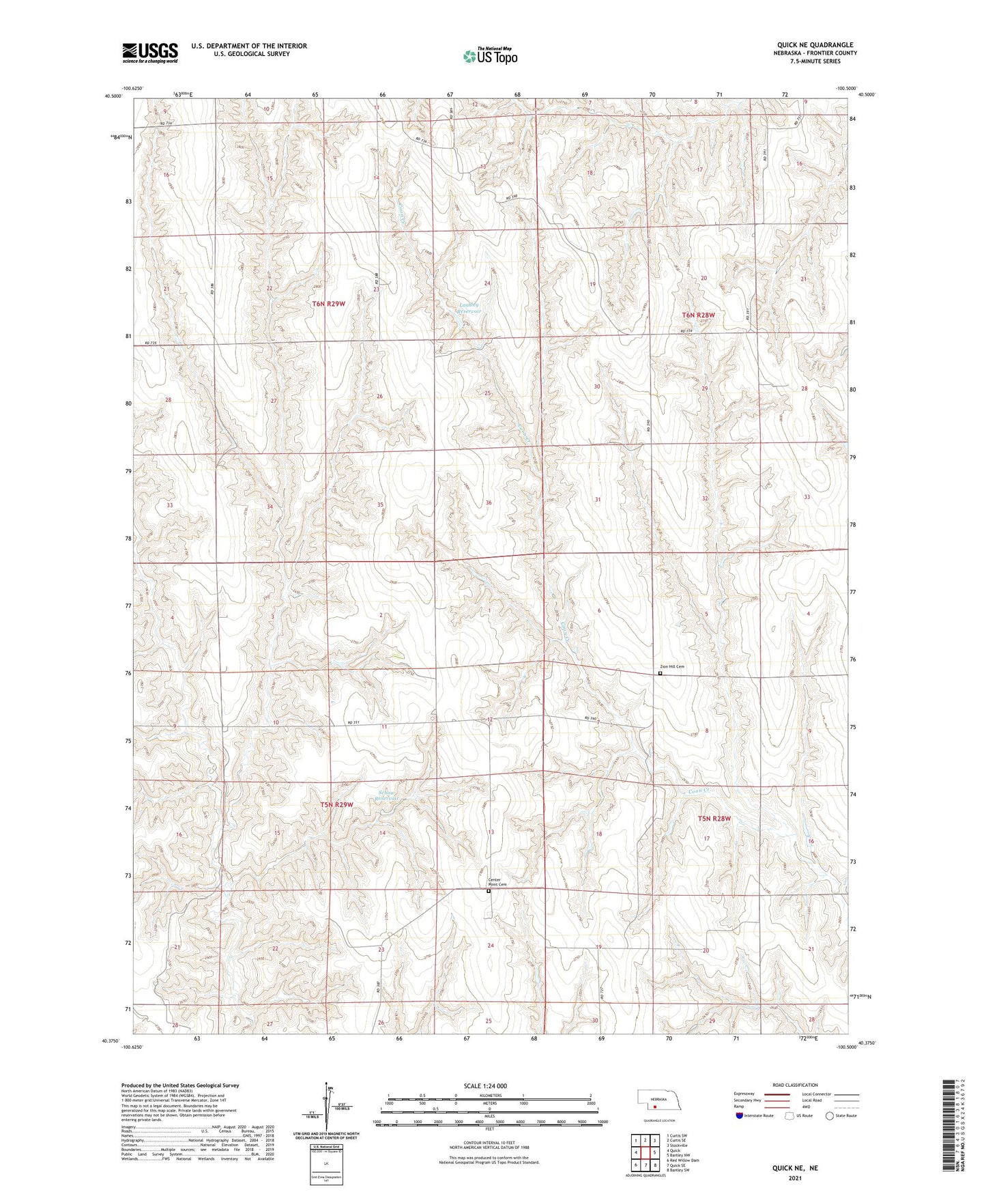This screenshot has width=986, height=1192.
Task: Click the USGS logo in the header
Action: click(150, 52)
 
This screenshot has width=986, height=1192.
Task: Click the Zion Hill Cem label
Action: click(671, 667)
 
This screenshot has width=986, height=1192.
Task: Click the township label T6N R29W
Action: click(328, 304)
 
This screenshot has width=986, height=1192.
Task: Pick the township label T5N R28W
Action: click(714, 819)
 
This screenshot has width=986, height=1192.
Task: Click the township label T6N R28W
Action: click(699, 315)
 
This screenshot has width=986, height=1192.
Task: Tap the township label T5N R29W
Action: click(336, 805)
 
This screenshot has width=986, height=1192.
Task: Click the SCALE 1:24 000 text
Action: click(485, 1085)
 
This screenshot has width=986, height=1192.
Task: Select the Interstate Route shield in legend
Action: click(740, 1116)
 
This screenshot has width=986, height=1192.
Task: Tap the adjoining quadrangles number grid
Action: click(644, 1151)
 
